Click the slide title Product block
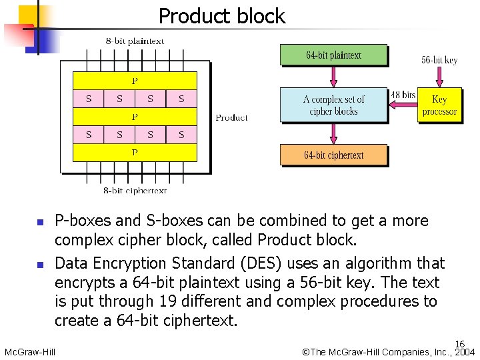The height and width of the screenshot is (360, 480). click(x=221, y=16)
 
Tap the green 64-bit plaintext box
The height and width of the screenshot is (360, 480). click(x=333, y=55)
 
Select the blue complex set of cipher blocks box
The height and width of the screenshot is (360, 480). click(x=333, y=105)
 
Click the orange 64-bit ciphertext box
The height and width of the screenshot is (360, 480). click(x=333, y=155)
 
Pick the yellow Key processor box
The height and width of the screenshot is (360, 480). click(x=439, y=105)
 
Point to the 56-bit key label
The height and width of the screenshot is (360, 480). click(x=439, y=60)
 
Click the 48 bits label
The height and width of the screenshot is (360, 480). click(x=403, y=95)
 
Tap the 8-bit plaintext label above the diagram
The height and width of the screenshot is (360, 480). click(x=135, y=41)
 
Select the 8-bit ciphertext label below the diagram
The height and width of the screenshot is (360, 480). click(x=135, y=191)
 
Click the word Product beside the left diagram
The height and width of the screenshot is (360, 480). click(x=231, y=117)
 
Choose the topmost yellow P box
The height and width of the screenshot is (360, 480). click(x=135, y=81)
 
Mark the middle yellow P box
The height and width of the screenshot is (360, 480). click(x=135, y=117)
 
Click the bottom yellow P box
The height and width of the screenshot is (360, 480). click(x=135, y=153)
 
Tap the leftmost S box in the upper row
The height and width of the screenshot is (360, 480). click(x=89, y=99)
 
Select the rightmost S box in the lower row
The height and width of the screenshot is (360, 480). click(x=181, y=135)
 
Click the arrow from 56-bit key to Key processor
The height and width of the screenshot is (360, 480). click(x=439, y=77)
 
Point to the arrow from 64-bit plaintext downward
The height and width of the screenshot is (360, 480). click(x=333, y=77)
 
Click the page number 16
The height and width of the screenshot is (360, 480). click(x=460, y=344)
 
